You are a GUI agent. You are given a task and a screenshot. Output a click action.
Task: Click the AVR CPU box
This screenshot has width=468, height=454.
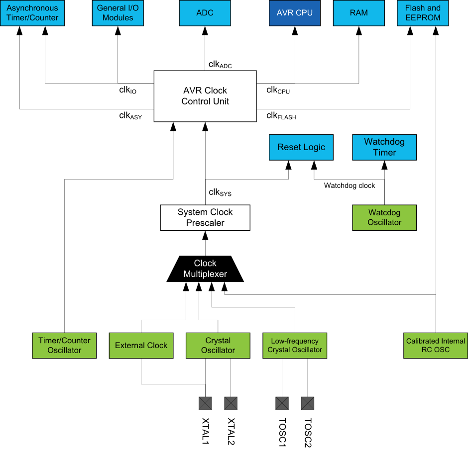point(295,13)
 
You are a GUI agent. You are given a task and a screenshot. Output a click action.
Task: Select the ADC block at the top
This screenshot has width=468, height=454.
point(205,13)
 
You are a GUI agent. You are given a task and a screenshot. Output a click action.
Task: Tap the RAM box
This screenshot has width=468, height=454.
point(359,13)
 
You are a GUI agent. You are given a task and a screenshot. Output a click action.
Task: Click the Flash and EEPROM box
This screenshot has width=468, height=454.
point(423,13)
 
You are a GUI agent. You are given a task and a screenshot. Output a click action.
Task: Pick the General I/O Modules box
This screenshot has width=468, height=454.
point(118,13)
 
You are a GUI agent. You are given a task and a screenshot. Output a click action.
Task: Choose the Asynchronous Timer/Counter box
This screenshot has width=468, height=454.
point(32,13)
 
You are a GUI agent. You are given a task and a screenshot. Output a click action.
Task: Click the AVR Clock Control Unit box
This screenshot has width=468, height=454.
point(205,96)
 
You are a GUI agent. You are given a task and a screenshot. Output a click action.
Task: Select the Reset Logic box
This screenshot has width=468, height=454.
point(301,147)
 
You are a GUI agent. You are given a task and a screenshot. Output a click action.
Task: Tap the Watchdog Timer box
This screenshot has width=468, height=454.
point(384,147)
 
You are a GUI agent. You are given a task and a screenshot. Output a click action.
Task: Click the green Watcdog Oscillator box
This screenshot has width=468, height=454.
point(384,218)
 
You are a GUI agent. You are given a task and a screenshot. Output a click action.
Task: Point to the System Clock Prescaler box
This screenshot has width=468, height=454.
point(205,218)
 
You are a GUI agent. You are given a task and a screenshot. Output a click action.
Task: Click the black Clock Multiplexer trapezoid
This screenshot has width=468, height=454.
point(205,269)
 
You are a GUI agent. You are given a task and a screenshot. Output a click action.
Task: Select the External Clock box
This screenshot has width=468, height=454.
point(141,346)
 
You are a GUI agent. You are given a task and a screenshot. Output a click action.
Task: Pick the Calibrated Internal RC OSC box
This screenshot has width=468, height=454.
point(436,346)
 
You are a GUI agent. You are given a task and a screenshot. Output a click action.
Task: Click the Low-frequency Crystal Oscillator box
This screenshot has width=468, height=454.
point(295,346)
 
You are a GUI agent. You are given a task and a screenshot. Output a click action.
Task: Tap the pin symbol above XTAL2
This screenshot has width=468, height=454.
point(231,403)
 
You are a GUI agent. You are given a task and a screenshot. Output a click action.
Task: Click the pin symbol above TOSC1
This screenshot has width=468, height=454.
point(282,403)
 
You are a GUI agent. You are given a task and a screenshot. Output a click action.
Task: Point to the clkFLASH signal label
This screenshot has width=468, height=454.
point(281,116)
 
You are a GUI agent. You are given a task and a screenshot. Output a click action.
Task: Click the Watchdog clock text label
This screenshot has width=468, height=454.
point(350,185)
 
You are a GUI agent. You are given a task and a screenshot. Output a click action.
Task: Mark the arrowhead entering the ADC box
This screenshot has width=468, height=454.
point(205,31)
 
